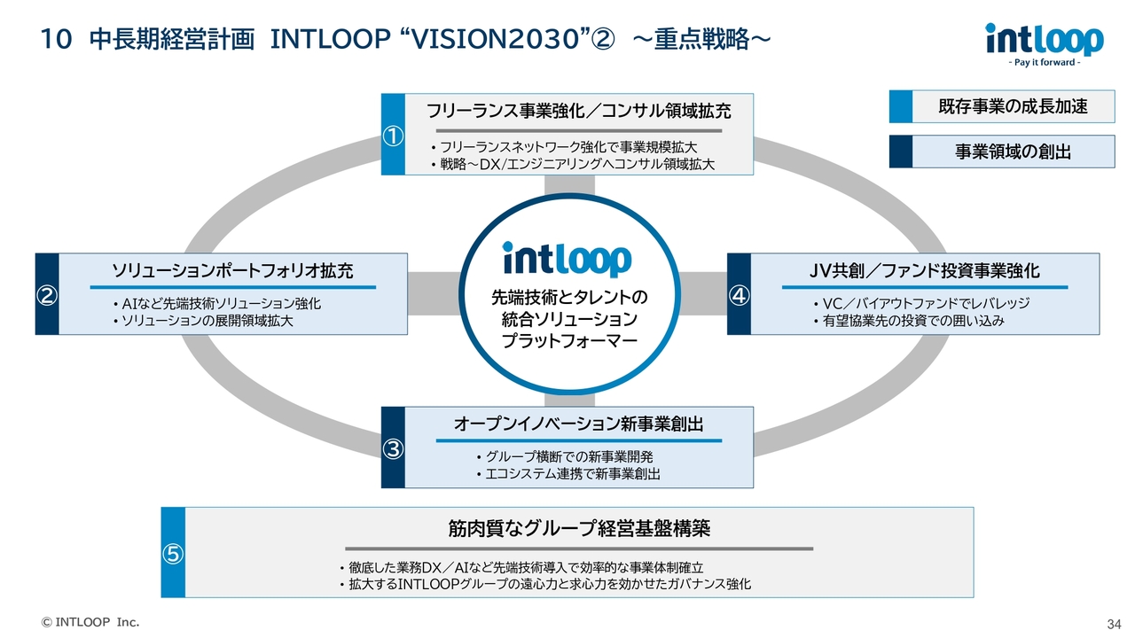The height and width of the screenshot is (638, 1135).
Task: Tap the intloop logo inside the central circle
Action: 567,259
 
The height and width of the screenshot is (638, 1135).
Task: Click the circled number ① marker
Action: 393,136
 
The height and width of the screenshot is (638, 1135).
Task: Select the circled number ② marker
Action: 46,295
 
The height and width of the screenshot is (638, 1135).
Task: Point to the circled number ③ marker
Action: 393,448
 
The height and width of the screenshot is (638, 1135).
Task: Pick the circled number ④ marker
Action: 739,295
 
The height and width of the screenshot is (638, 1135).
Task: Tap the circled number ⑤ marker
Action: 173,554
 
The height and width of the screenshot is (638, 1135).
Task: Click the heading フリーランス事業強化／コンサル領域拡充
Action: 579,111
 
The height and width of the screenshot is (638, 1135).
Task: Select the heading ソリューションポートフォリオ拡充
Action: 232,270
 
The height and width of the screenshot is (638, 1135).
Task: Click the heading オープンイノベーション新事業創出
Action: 579,424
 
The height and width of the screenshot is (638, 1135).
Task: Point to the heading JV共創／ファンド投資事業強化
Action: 925,270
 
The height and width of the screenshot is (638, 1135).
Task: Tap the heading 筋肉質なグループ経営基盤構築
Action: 579,529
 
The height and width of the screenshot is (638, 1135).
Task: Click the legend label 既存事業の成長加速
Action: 1013,107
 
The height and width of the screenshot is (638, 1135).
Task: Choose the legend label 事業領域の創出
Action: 1013,152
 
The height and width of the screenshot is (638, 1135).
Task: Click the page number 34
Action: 1115,622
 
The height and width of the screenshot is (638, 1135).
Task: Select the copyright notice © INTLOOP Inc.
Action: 91,622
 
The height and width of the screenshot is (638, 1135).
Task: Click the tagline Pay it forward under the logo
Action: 1045,63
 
